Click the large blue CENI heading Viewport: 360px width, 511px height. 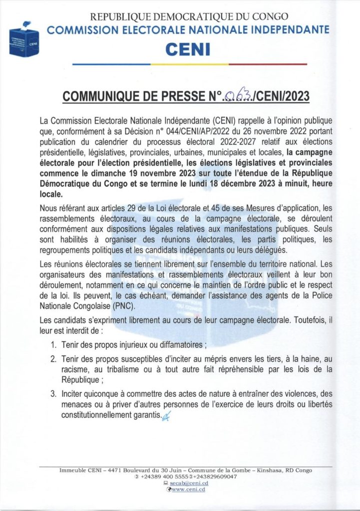pyautogui.click(x=189, y=49)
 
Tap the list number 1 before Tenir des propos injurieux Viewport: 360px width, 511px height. pyautogui.click(x=54, y=345)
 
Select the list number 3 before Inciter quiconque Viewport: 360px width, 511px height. pyautogui.click(x=54, y=394)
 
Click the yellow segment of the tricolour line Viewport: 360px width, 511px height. pyautogui.click(x=189, y=64)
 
